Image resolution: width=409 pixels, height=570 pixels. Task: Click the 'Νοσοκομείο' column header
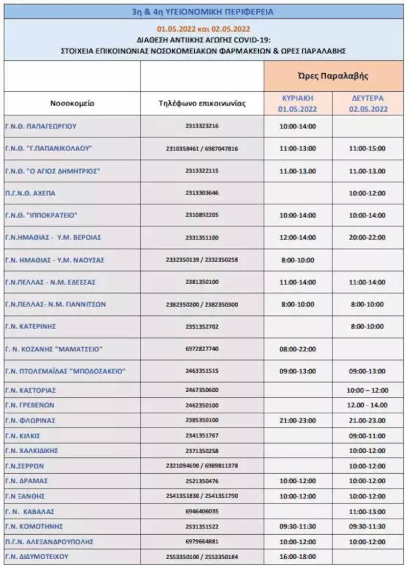point(72,103)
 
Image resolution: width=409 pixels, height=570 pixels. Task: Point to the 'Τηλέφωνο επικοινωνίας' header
point(202,103)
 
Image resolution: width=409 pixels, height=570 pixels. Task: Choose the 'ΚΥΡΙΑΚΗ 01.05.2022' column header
point(298,103)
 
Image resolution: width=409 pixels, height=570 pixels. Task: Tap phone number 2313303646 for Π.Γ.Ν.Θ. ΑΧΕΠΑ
point(202,194)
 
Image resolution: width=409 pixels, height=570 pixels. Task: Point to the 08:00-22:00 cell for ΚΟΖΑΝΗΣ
point(298,349)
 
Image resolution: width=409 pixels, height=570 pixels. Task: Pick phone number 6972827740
point(202,349)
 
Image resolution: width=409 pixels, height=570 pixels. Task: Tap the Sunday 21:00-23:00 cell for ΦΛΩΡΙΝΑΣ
point(298,420)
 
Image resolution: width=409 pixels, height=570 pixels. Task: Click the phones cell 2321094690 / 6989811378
point(202,466)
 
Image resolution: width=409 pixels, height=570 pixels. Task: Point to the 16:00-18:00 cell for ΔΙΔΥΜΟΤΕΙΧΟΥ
point(298,557)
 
